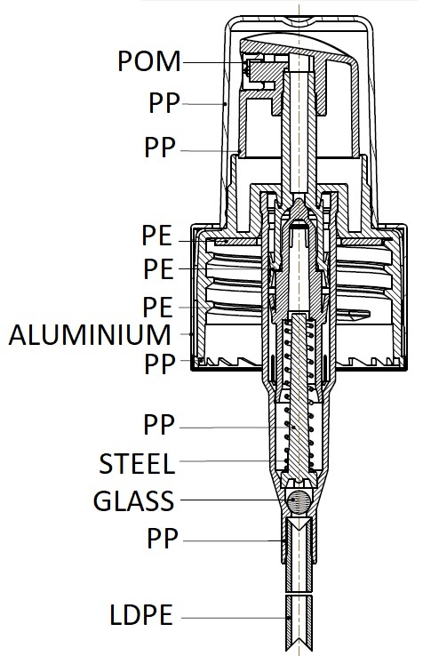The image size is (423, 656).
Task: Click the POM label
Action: (149, 61)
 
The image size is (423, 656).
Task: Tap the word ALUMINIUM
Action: (90, 335)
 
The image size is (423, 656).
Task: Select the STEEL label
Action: (137, 463)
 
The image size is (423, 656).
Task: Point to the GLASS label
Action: (133, 500)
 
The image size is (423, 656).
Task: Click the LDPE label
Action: (141, 614)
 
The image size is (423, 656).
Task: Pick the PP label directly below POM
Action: (164, 102)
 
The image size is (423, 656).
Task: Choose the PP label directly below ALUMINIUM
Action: (160, 364)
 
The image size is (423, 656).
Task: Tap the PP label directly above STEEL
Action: (159, 424)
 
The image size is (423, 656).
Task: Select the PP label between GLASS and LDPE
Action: (163, 538)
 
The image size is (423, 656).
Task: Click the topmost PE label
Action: (157, 236)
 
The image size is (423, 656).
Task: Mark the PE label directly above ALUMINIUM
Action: (157, 307)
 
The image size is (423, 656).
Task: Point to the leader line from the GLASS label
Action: (233, 500)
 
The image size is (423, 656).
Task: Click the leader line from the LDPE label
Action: (235, 618)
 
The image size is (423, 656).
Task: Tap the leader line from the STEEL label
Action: (232, 461)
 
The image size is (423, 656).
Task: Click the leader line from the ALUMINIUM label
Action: (187, 334)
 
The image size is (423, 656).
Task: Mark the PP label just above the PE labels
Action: (160, 147)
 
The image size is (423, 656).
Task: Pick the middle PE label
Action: (158, 269)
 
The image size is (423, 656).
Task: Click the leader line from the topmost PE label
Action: (203, 241)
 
